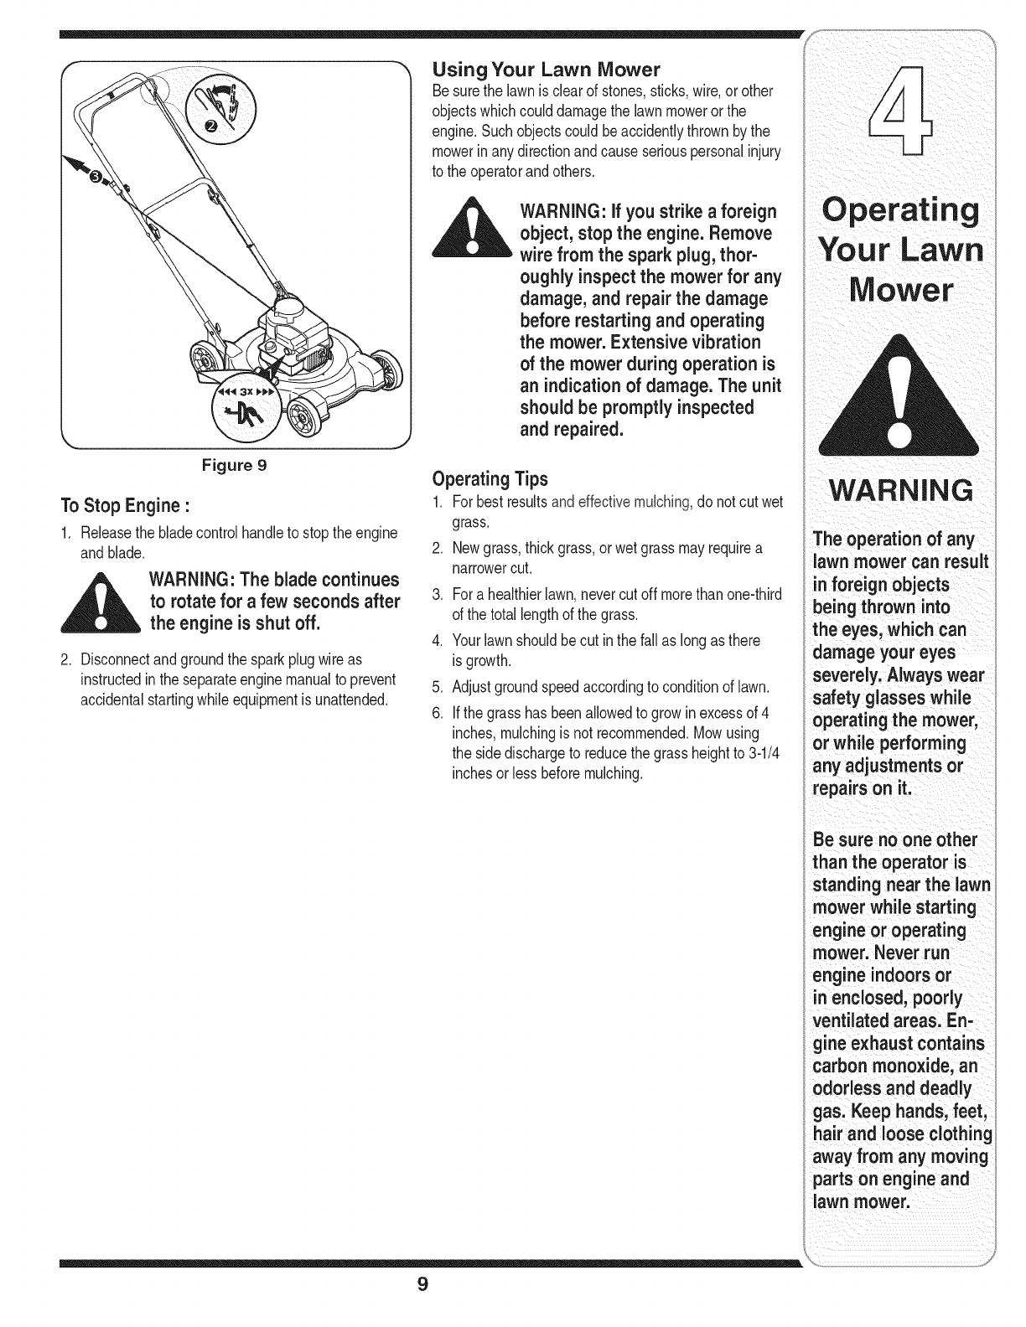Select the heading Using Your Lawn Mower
(546, 69)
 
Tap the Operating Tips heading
(489, 479)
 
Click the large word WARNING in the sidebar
(899, 490)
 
